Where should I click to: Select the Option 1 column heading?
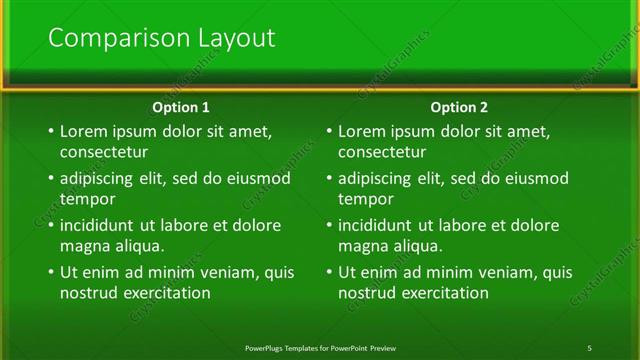(181, 107)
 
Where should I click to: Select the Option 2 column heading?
(460, 107)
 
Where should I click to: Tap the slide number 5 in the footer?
(590, 347)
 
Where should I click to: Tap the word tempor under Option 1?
(87, 199)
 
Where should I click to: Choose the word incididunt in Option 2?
(381, 225)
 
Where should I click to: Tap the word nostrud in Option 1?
(88, 293)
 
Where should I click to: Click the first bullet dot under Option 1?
(50, 132)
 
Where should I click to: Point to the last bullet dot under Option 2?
(329, 273)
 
